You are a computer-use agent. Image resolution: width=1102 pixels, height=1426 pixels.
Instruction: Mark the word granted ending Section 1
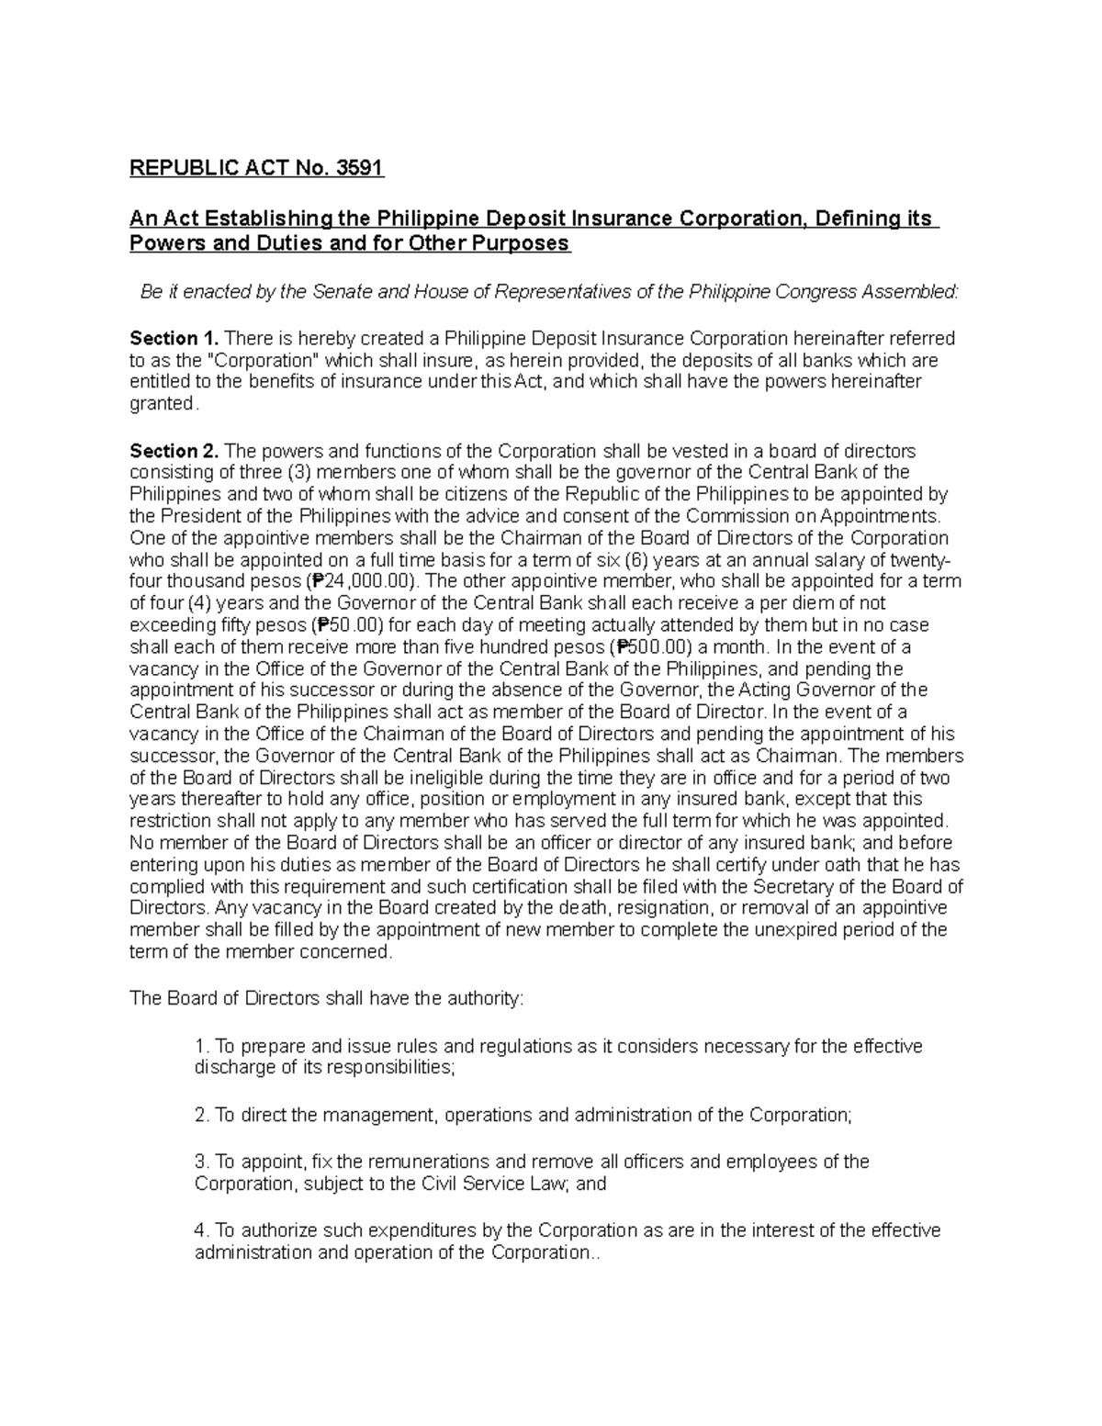(162, 404)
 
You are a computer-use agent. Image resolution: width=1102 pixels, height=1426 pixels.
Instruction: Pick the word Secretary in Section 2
(827, 887)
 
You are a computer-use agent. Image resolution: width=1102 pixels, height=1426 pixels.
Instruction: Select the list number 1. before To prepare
(202, 1047)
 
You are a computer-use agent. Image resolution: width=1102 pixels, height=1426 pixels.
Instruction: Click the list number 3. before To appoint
(202, 1162)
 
